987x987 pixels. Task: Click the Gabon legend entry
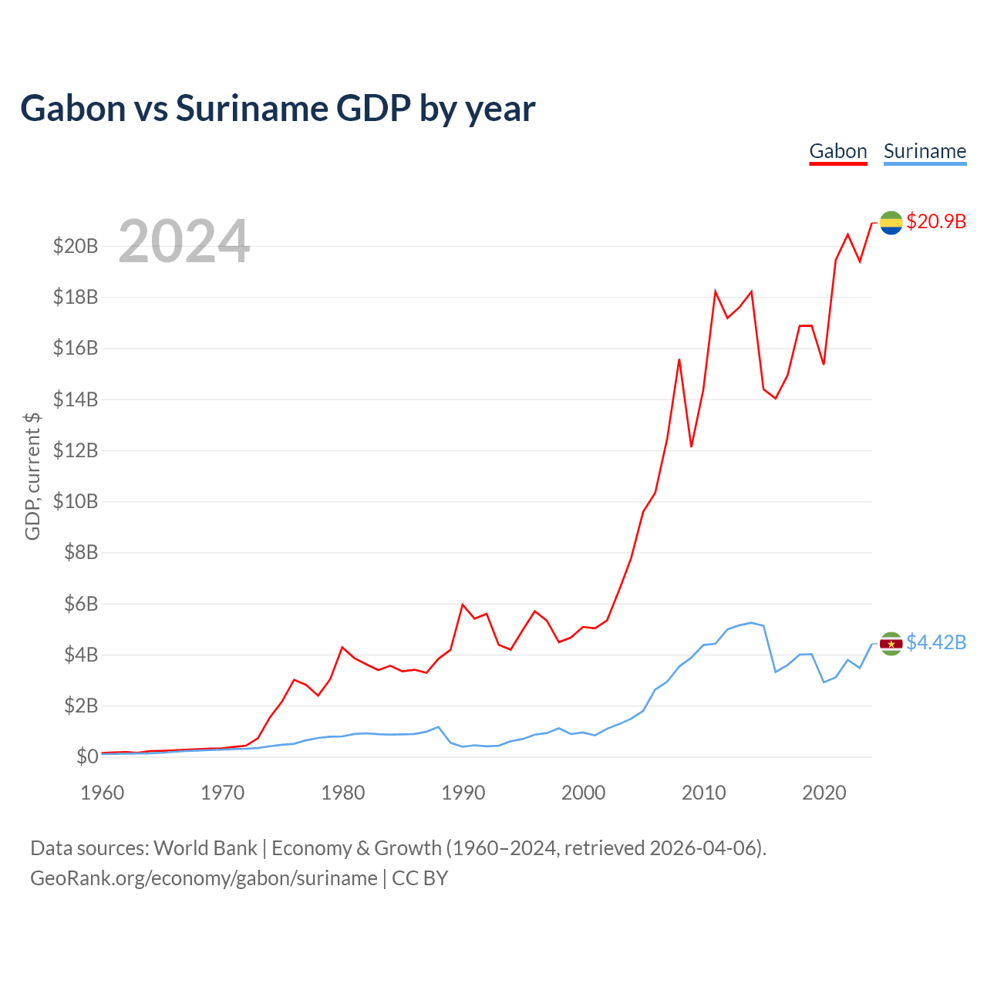[838, 151]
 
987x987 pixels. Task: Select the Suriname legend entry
[925, 151]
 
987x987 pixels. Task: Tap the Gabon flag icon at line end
[891, 222]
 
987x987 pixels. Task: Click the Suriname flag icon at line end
[891, 643]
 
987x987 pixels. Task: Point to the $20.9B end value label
[936, 221]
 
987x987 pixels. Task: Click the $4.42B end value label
[936, 642]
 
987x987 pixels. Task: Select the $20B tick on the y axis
[76, 246]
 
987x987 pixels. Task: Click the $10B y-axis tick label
[76, 501]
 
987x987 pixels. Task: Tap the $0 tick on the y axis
[87, 756]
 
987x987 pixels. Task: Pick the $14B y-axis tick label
[76, 399]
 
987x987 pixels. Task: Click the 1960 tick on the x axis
[103, 793]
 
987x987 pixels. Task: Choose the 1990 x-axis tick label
[463, 793]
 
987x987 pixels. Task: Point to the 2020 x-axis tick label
[824, 793]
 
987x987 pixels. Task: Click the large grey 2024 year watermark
[184, 241]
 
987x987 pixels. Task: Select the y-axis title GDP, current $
[32, 476]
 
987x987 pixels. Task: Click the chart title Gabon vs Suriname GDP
[278, 108]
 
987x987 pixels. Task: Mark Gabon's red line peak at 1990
[462, 605]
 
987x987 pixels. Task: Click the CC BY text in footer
[419, 878]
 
